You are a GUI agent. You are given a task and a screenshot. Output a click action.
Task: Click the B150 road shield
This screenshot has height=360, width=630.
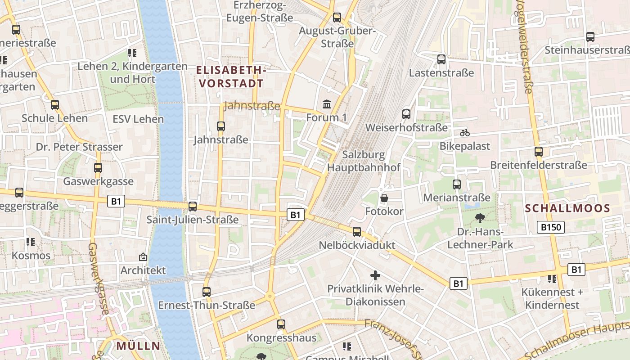coord(551,227)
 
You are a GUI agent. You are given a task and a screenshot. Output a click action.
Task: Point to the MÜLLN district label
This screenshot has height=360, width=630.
coord(138,346)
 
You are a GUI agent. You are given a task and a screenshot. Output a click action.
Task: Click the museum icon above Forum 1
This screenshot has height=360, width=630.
coord(327,104)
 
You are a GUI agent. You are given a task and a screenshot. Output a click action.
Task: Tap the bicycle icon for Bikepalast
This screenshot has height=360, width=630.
coord(465,133)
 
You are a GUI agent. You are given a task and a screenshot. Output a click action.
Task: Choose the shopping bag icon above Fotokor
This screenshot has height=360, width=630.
coord(384,198)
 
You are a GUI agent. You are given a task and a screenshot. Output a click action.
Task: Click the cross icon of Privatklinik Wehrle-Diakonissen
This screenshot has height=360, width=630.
coord(375,275)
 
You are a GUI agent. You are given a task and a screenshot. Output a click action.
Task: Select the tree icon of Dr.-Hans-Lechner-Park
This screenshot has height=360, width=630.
coord(480,218)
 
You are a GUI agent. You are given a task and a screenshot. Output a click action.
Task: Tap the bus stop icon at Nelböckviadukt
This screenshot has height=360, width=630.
coord(357,232)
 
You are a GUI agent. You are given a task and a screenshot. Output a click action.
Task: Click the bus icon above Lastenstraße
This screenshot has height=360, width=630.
coord(441,59)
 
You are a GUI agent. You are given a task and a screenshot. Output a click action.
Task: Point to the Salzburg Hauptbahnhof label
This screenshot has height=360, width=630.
coord(364,161)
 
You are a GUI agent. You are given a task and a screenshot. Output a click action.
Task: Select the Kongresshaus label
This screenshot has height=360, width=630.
coord(281,337)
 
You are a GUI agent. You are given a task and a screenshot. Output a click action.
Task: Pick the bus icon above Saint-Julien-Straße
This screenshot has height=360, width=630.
coord(193,207)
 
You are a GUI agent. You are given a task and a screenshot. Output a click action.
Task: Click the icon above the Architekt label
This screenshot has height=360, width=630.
coord(143,257)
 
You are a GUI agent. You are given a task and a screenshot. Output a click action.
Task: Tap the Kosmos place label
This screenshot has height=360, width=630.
coord(31,256)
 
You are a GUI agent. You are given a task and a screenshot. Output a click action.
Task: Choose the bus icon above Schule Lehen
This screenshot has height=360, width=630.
coord(55,105)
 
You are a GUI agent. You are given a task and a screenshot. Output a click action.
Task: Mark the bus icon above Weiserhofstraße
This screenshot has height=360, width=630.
coord(406,114)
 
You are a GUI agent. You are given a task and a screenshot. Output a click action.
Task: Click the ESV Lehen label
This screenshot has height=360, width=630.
coord(138,119)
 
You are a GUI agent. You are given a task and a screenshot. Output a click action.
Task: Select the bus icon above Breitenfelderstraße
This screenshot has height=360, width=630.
coord(539,152)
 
